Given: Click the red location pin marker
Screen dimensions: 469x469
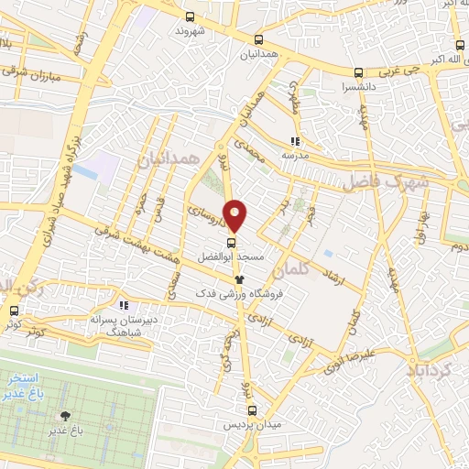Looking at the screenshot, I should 235,215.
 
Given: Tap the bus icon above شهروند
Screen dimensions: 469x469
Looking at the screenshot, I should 190,16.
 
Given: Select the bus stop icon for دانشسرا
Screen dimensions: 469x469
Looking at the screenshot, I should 358,73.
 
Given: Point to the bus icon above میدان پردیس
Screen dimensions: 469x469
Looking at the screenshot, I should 256,411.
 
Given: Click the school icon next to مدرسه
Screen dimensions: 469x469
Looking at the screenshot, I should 295,142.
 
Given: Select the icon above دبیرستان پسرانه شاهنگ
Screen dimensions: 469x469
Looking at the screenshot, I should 124,306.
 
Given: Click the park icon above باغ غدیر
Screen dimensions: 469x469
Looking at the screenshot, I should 65,416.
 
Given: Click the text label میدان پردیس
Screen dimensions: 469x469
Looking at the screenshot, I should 256,427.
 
